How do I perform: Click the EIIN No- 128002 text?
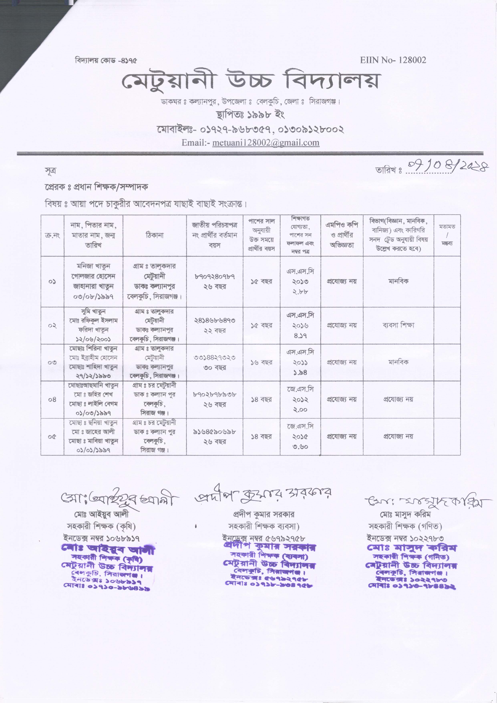[393, 60]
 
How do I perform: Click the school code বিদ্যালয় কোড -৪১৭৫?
[106, 60]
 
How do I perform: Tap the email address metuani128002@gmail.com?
[266, 143]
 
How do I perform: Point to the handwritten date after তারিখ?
[447, 167]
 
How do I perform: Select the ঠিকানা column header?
[155, 235]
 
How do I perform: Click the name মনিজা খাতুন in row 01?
[93, 266]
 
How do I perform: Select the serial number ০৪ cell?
[52, 399]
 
